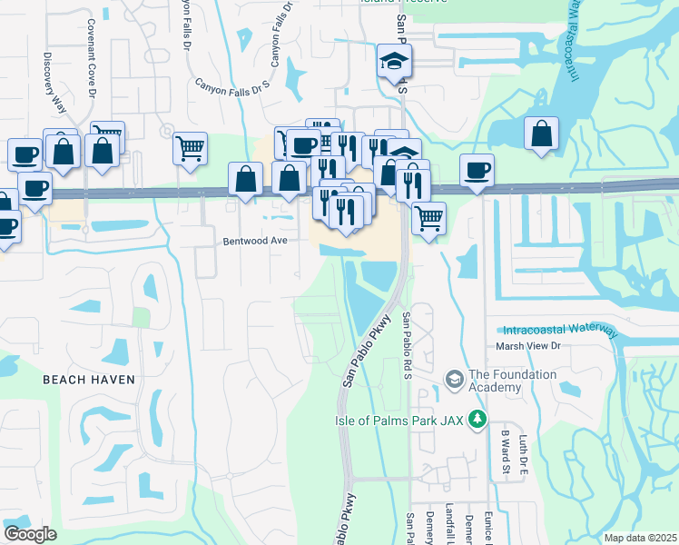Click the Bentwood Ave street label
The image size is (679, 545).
pos(255,242)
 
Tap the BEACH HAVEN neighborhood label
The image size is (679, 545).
pos(89,380)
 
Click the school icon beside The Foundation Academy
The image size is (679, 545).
pos(454,377)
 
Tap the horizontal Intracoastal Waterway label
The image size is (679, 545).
pos(556,330)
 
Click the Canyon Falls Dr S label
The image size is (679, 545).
pos(233,87)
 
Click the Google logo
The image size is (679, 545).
pos(30,534)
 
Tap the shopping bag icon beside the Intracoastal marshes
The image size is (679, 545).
pos(541,134)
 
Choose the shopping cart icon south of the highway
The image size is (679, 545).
pos(428,217)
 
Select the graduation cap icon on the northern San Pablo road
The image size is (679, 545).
pos(395,61)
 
